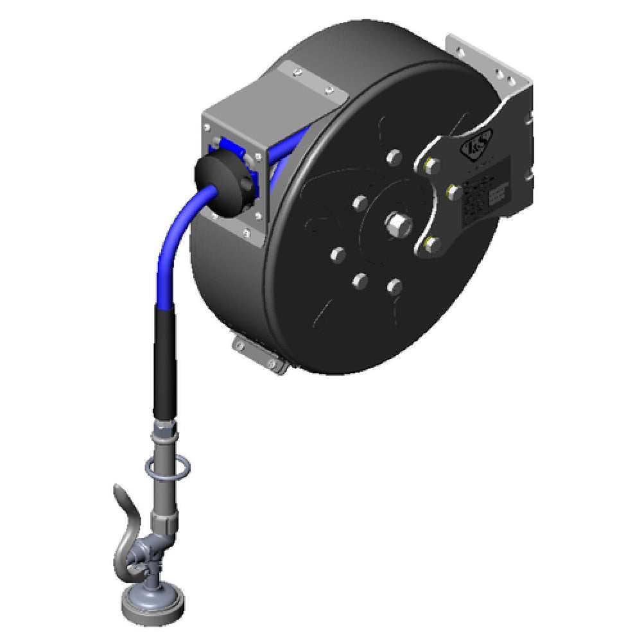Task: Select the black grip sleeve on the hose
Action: [x=164, y=360]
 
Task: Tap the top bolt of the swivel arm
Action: [x=431, y=166]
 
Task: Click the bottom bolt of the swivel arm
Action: [x=431, y=243]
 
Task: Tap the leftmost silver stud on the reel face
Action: [x=336, y=256]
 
